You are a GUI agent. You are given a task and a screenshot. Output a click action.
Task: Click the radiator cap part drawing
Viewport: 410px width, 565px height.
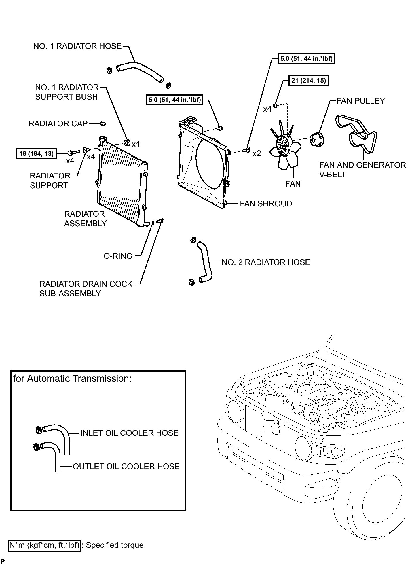(102, 124)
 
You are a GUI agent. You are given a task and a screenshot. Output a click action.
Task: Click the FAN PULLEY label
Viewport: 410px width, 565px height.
(360, 101)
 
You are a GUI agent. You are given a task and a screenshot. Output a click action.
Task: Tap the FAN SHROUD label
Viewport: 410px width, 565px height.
(266, 204)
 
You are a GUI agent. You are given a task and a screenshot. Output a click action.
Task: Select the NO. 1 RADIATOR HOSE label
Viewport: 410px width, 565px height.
(77, 46)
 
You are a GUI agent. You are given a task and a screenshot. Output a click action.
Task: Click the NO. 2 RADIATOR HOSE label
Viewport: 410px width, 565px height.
(266, 262)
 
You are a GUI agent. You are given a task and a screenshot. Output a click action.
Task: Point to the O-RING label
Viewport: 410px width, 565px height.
(118, 256)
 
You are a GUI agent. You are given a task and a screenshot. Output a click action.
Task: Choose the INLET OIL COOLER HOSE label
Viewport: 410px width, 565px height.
(129, 433)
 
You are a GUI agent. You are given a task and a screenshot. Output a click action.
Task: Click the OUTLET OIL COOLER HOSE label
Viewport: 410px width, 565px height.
(126, 466)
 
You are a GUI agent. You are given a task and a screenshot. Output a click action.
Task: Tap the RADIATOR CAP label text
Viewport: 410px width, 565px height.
(58, 124)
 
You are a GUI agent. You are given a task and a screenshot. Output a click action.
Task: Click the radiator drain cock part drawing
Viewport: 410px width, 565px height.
(160, 221)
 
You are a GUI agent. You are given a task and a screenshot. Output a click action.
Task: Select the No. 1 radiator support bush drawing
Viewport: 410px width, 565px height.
(127, 142)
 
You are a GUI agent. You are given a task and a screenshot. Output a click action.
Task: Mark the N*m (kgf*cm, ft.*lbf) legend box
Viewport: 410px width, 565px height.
(44, 545)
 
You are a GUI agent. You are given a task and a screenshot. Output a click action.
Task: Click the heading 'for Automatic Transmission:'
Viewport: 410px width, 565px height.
(72, 378)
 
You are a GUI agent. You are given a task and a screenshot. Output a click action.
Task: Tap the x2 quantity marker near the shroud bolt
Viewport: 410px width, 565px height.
(257, 154)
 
